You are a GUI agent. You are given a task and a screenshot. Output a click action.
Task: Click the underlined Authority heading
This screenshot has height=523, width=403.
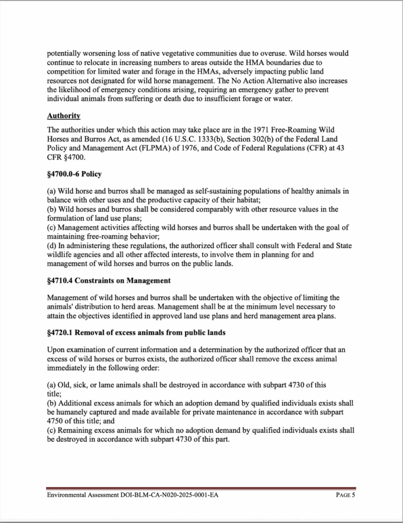(63, 115)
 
